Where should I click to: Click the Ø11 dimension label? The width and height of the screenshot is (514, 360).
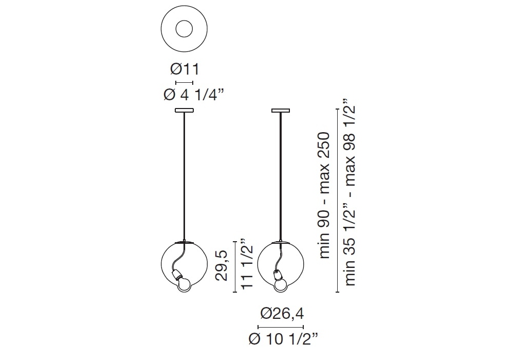click(185, 69)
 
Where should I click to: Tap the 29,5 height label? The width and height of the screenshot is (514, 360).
click(222, 265)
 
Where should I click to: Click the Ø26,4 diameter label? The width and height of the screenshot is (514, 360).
click(282, 314)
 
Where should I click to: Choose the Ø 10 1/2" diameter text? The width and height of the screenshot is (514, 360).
click(283, 339)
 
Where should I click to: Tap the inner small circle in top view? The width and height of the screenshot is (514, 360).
click(184, 29)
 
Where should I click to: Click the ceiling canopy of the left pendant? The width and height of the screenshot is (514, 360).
click(184, 111)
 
